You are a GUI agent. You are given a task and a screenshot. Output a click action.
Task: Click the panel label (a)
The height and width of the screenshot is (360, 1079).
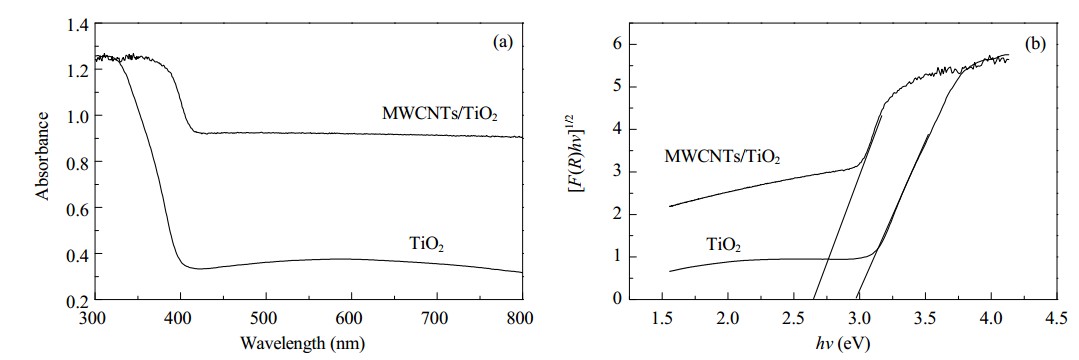[x=502, y=43]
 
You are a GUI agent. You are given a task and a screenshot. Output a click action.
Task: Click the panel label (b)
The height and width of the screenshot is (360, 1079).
[x=1035, y=45]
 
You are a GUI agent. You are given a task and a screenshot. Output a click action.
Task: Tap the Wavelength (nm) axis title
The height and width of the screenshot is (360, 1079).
[x=309, y=341]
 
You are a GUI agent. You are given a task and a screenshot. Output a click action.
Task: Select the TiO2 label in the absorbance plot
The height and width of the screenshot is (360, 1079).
[x=428, y=244]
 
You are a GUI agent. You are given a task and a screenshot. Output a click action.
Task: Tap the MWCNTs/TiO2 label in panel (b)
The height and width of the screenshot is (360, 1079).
[x=723, y=158]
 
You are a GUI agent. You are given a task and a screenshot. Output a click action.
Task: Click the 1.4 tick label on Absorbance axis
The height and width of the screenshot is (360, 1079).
[x=78, y=25]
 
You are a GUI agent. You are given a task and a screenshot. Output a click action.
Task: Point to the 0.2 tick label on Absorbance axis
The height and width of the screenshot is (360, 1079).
[x=78, y=300]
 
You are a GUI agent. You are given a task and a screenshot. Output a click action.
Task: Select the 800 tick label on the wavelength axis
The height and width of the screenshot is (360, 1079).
[x=522, y=319]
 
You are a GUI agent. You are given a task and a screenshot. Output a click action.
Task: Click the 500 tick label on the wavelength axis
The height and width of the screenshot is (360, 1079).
[x=266, y=319]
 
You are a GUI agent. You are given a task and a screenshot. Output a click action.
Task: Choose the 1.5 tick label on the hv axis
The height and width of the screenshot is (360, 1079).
[x=662, y=319]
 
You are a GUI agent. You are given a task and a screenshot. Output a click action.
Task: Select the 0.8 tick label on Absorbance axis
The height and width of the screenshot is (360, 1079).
[x=78, y=162]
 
